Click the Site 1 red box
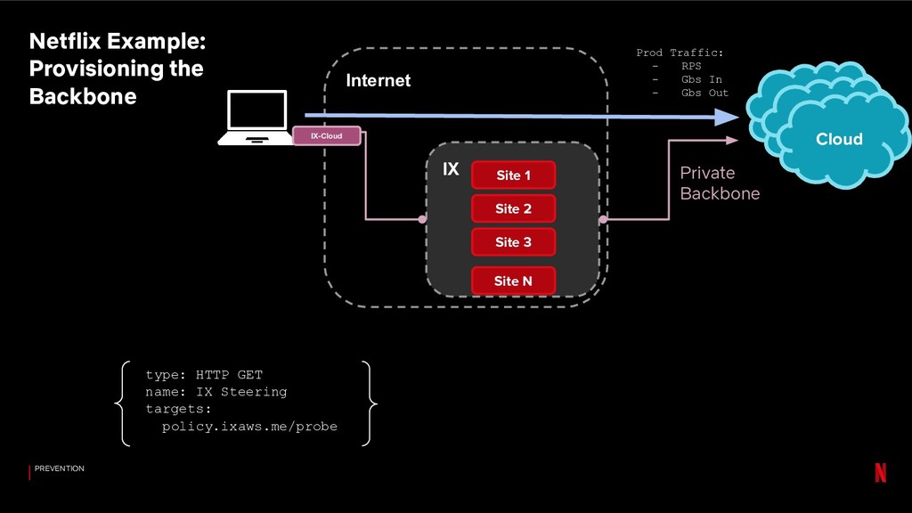pos(513,175)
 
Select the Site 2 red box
pos(513,208)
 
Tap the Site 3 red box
pos(513,242)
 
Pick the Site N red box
pos(513,281)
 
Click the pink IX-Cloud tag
pos(326,136)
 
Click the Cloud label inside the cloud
pos(839,139)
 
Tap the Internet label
pos(378,80)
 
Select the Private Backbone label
pos(720,183)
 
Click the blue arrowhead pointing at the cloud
pos(727,118)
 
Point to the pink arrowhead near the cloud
pos(732,140)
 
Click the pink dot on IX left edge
pos(422,219)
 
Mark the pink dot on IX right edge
pos(603,219)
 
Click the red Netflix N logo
pos(881,472)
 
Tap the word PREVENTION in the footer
pos(60,468)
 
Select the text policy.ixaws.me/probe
pos(249,427)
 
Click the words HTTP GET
pos(229,375)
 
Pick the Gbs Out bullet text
pos(705,93)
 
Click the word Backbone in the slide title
pos(83,96)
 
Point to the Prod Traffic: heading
pos(680,53)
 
